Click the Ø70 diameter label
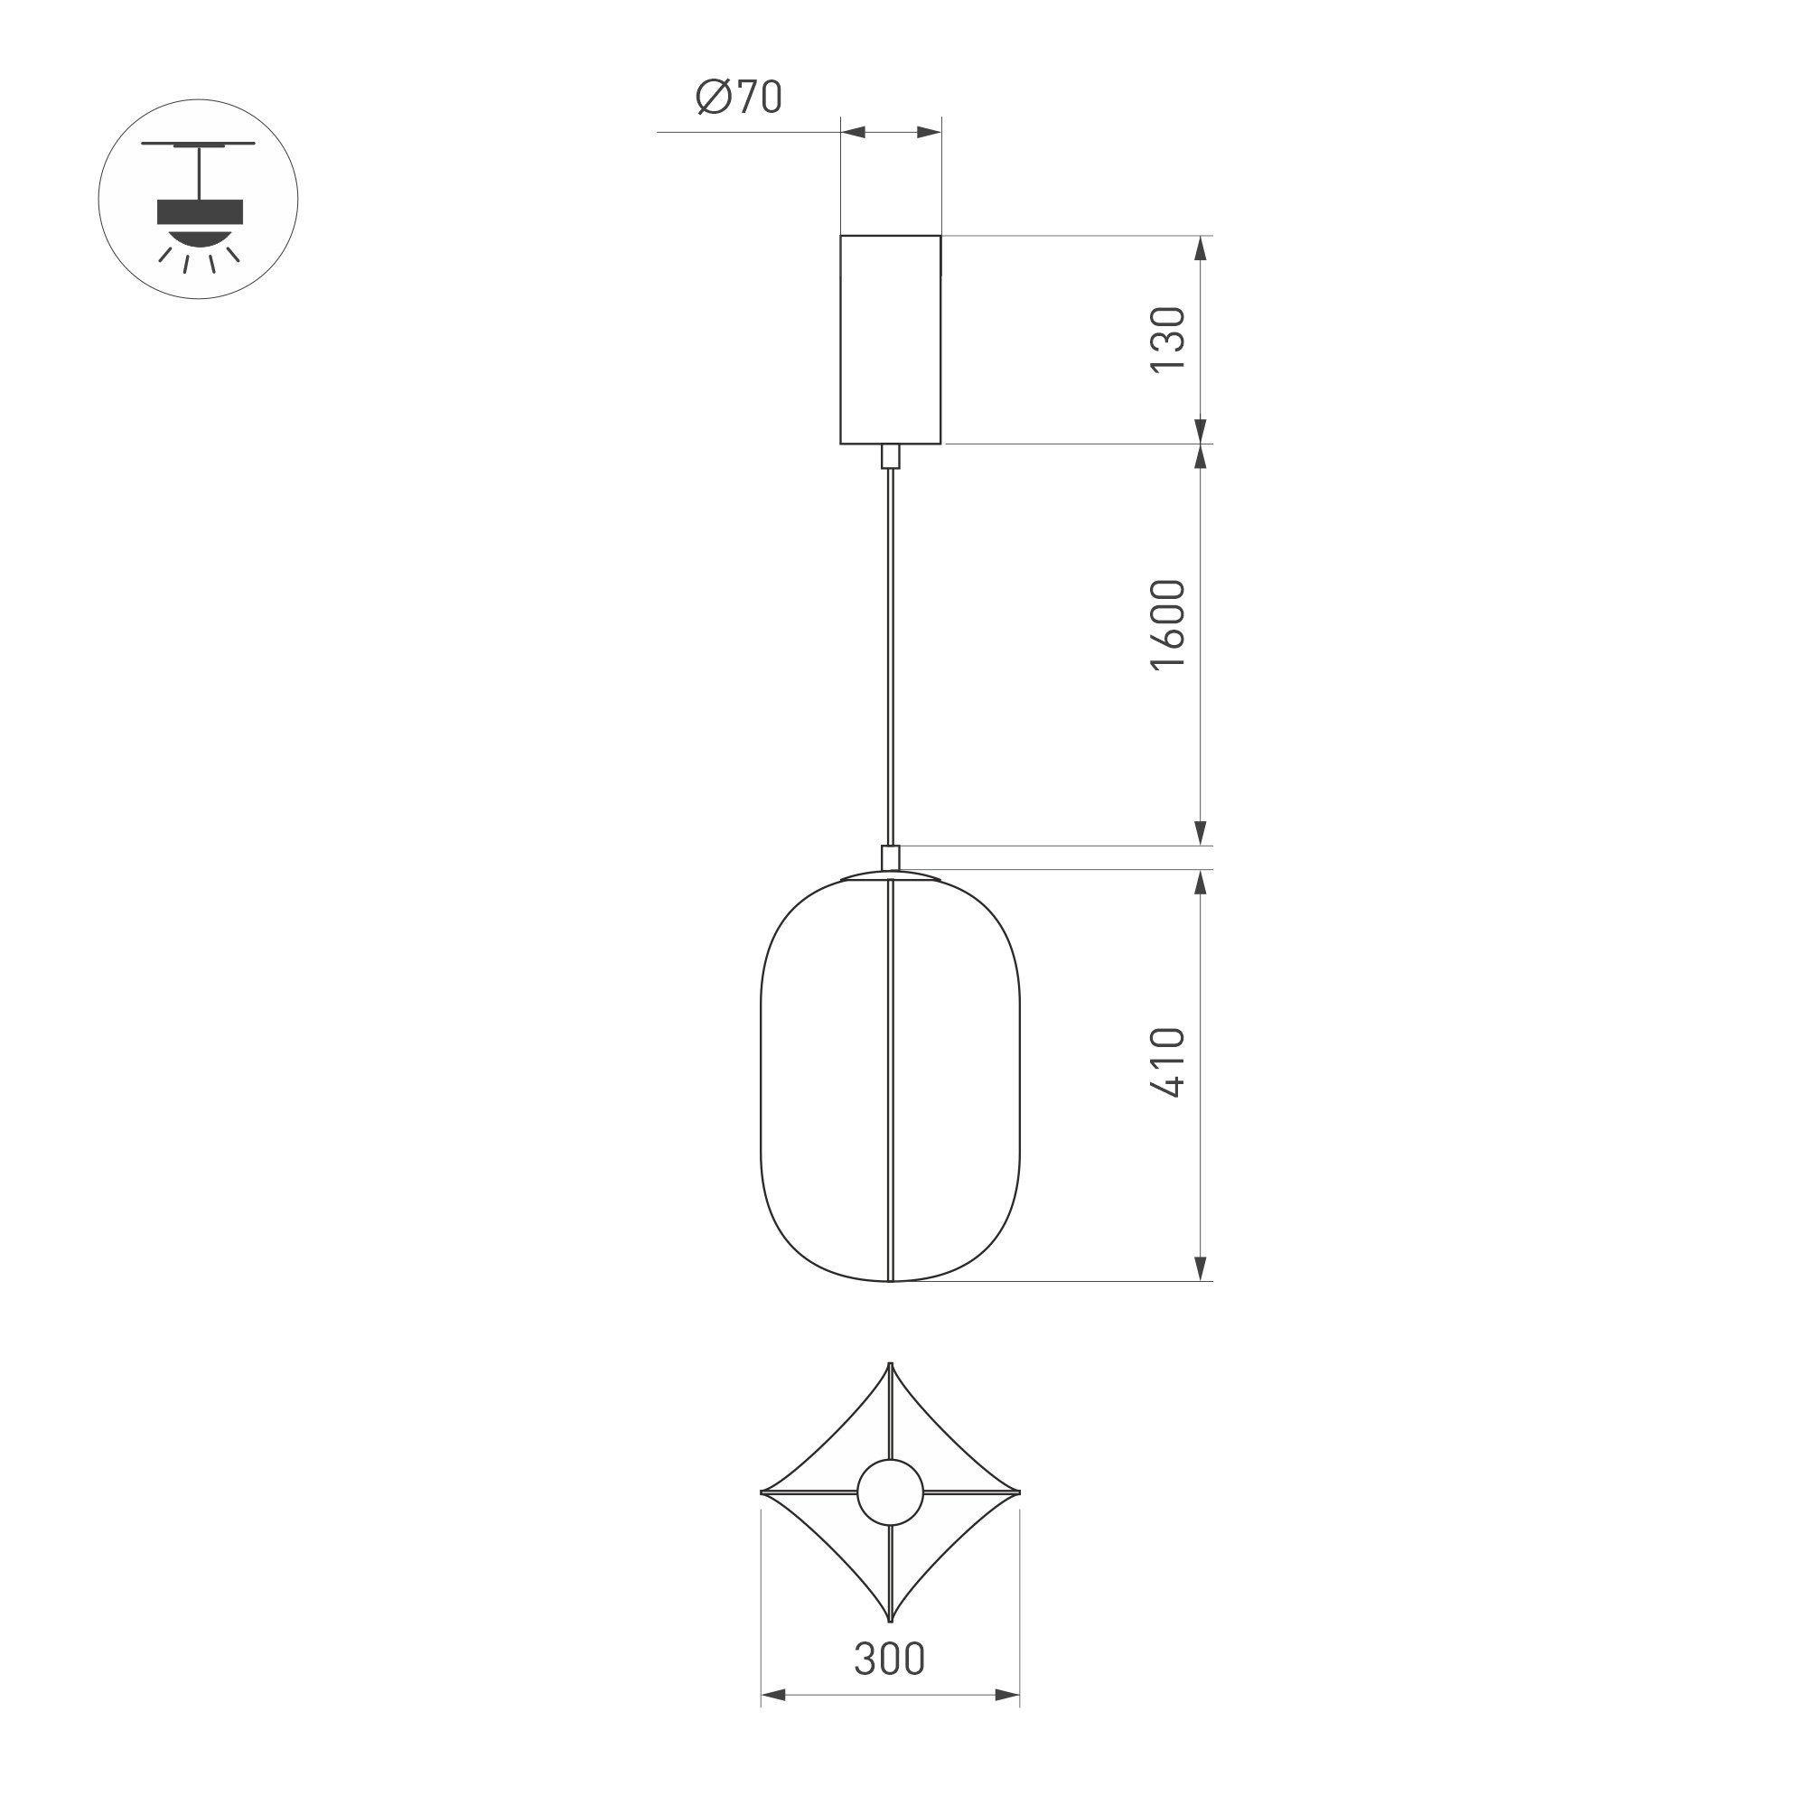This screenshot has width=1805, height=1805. coord(738,98)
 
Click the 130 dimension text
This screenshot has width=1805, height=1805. coord(1168,339)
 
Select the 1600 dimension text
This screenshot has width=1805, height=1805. coord(1168,625)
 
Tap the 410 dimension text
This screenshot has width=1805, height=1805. coord(1168,1062)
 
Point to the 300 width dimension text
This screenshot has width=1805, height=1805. coord(890,1659)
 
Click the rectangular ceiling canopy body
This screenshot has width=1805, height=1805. coord(891,339)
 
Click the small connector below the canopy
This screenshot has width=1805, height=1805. coord(891,456)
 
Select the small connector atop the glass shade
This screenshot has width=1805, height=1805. coord(891,857)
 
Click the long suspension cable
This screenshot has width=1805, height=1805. coord(891,654)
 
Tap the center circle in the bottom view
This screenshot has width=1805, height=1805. coord(891,1492)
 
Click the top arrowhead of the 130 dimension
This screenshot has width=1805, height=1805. coord(1201,248)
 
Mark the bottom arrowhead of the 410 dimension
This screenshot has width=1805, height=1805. coord(1201,1267)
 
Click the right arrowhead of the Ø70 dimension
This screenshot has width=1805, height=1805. coord(929,133)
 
